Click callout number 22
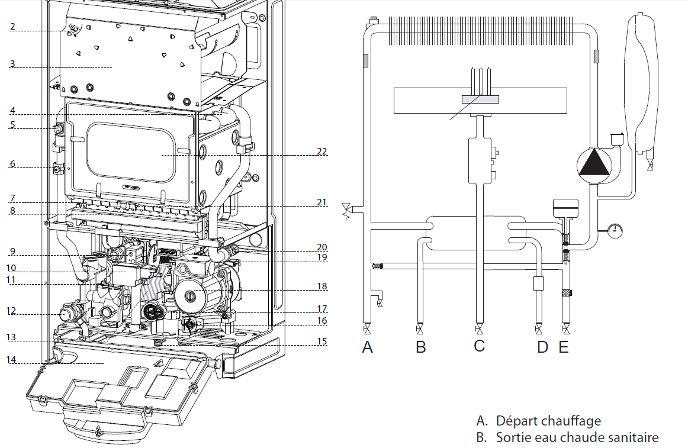coord(322,152)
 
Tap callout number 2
coord(12,26)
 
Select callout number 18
coord(322,286)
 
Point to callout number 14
coord(11,360)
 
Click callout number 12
coord(11,311)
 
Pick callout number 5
coord(12,125)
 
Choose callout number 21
coord(322,202)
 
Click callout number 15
coord(322,341)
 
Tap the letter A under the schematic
coord(367,347)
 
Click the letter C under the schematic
coord(479,346)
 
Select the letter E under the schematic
coord(564,347)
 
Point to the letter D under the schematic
coord(543,347)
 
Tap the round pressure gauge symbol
coord(615,230)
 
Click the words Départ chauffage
coord(548,421)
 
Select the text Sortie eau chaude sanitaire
coord(577,437)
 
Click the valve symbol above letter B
coord(420,329)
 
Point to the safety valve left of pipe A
coord(346,210)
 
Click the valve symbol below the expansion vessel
coord(650,166)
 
